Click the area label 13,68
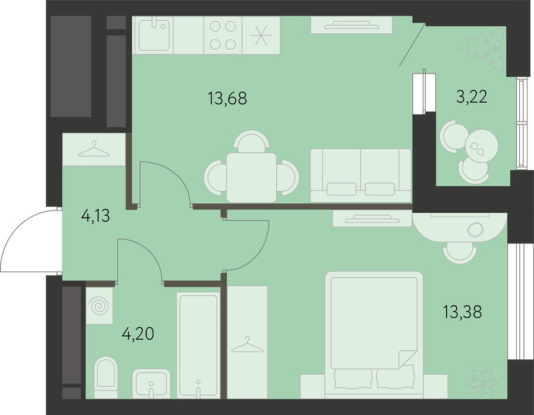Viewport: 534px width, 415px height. [227, 98]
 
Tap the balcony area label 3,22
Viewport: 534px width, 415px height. [472, 97]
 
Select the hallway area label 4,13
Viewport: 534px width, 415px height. [96, 215]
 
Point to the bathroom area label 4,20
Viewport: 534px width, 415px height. [138, 334]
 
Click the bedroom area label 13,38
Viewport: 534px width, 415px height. [463, 312]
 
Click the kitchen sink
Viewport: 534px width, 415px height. [154, 36]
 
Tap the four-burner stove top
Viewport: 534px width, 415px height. [223, 36]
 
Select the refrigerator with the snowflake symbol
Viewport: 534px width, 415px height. [261, 36]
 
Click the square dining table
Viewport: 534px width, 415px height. [251, 177]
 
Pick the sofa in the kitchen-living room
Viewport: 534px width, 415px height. [361, 175]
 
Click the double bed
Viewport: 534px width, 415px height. [374, 335]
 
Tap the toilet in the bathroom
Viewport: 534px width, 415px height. [106, 377]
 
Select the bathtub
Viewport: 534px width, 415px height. [198, 345]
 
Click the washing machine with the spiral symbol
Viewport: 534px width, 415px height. [99, 306]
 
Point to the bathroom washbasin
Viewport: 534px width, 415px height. [151, 384]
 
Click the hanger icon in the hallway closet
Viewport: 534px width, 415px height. [94, 149]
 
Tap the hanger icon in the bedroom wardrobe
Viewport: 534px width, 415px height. [247, 344]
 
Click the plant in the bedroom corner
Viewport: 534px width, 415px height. [482, 382]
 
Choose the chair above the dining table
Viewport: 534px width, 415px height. [252, 141]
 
